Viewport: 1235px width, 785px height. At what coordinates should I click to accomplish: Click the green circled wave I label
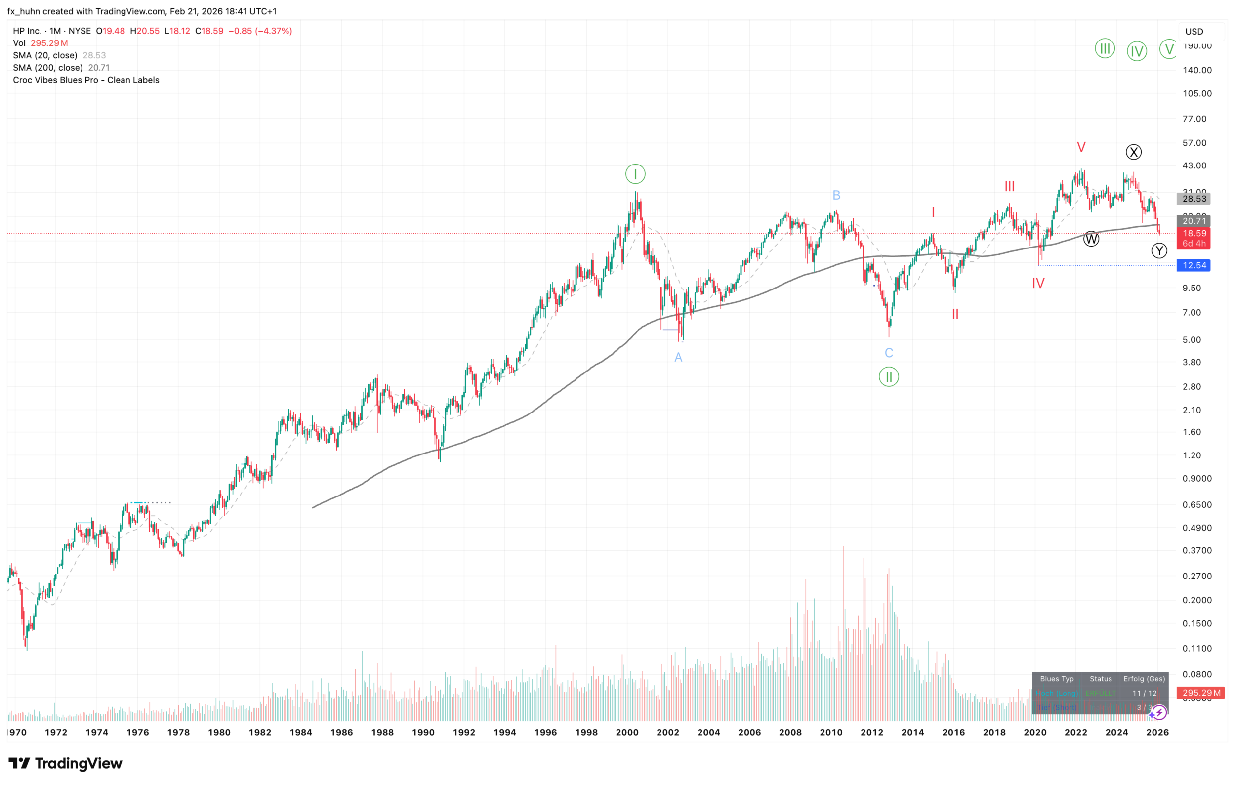click(635, 174)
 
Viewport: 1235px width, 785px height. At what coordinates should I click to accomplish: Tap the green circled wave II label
click(888, 377)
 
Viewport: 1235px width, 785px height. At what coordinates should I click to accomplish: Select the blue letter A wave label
click(678, 357)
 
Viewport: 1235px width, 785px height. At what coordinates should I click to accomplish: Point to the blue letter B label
click(836, 195)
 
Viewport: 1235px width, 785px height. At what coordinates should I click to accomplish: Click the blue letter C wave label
click(888, 353)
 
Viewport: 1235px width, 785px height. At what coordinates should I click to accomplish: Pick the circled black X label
click(1133, 152)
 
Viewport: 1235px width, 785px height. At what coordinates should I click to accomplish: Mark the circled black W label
click(1090, 239)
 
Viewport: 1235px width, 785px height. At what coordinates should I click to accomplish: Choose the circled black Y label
click(1158, 251)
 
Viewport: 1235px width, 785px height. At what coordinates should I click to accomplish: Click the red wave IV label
click(1037, 283)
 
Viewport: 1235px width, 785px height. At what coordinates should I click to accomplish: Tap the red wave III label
click(1009, 186)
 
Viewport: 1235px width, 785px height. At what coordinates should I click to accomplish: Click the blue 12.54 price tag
click(1194, 265)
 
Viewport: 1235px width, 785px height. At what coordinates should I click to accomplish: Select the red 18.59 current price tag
click(1194, 233)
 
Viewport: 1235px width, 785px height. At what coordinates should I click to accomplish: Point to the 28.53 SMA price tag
click(1194, 199)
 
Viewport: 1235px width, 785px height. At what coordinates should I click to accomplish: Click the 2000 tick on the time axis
click(627, 732)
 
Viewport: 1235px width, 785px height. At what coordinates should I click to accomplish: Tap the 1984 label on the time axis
click(300, 732)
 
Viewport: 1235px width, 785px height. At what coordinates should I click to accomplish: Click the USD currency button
click(1194, 31)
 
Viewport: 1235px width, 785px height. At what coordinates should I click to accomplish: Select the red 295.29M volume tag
click(1200, 693)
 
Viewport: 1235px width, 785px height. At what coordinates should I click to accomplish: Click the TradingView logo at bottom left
click(65, 763)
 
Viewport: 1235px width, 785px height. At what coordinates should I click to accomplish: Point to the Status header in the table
click(1100, 679)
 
